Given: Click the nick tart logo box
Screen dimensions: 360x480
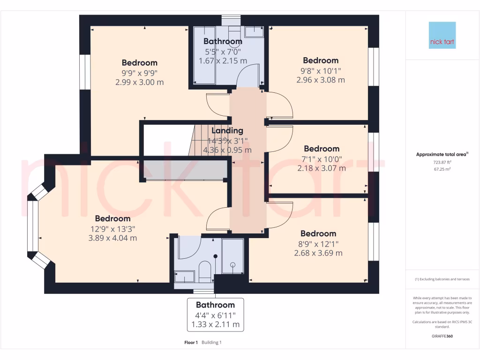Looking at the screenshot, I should click(442, 35).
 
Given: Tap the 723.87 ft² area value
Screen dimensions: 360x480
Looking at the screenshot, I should click(442, 162).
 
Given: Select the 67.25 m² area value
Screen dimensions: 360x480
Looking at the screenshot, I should click(442, 169).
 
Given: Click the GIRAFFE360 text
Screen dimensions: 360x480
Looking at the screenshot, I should click(442, 336).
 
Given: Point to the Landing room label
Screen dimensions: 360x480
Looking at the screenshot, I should click(227, 131).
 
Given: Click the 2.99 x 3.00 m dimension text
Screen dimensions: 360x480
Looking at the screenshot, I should click(140, 82).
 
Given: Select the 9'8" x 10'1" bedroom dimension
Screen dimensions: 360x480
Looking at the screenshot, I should click(321, 70).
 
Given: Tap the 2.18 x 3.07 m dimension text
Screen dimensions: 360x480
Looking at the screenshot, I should click(321, 168).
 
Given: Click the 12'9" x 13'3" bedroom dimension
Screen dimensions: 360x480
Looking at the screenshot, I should click(112, 228).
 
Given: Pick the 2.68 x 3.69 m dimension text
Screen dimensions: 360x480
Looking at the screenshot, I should click(318, 253).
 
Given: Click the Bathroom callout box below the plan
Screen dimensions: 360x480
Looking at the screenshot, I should click(215, 314).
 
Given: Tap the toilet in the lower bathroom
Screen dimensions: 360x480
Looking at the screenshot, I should click(205, 272).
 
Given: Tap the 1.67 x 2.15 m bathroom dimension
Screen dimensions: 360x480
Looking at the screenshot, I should click(223, 61).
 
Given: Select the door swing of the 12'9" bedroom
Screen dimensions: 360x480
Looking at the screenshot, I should click(217, 220).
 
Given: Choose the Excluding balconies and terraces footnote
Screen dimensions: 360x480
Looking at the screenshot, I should click(442, 279).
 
